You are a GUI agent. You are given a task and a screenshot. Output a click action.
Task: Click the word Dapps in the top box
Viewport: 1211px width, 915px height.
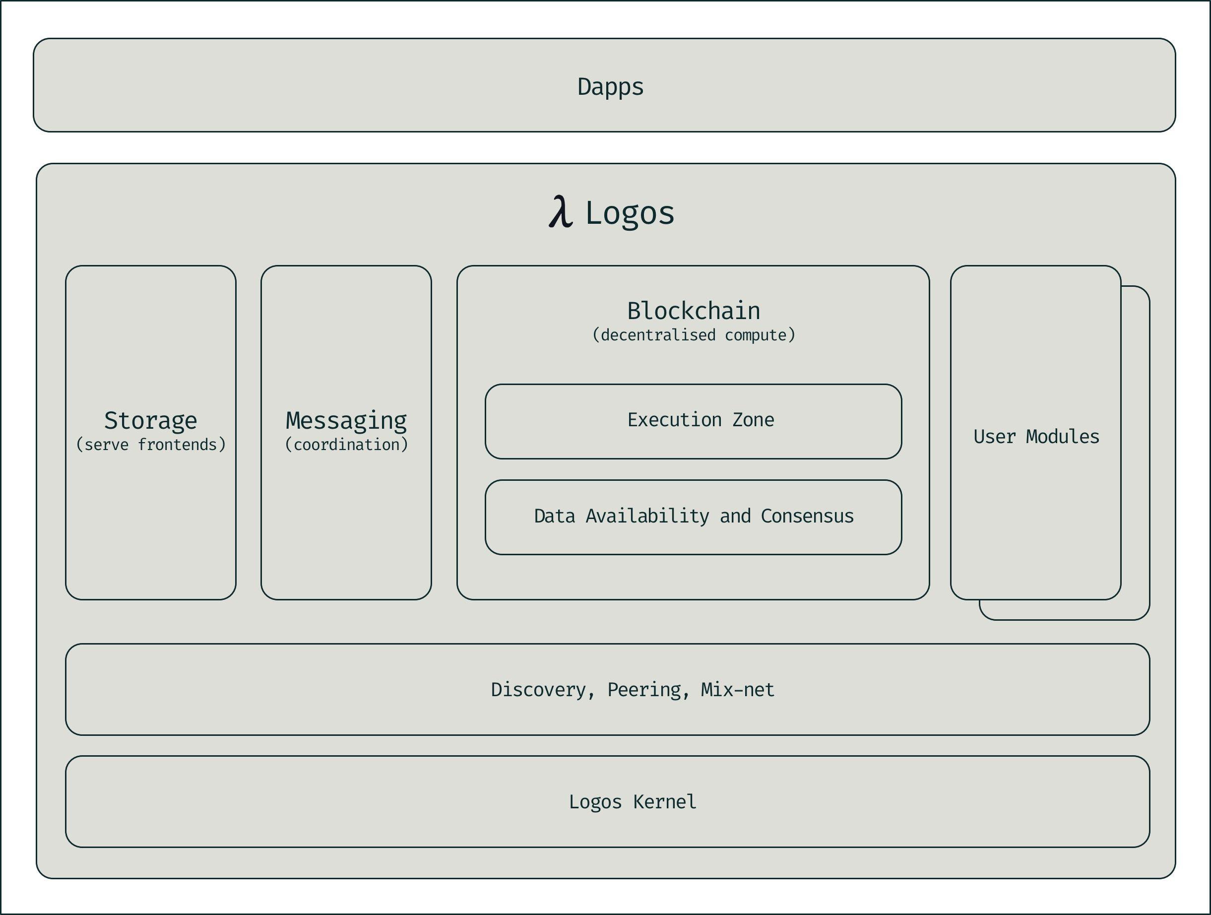tap(610, 86)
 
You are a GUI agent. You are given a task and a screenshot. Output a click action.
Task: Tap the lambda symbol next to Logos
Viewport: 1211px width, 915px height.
tap(561, 212)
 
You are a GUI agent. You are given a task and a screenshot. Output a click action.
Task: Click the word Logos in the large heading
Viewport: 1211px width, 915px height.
tap(630, 213)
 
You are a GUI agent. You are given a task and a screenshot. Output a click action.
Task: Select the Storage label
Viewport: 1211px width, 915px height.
tap(150, 421)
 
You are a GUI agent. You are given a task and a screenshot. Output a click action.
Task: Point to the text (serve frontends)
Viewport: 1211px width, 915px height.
tap(150, 444)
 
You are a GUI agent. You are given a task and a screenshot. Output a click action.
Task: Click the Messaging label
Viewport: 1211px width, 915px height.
tap(346, 421)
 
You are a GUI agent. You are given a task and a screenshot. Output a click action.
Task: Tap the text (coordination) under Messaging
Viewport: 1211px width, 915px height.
tap(346, 444)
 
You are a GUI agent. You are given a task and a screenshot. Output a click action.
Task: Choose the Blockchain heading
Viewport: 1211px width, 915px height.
tap(693, 311)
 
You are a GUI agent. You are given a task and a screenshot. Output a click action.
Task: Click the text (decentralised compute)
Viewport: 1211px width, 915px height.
tap(693, 334)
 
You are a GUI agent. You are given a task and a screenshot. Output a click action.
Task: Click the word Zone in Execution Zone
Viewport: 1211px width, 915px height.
tap(753, 419)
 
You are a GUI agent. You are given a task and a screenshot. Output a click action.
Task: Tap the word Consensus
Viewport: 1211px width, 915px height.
tap(807, 516)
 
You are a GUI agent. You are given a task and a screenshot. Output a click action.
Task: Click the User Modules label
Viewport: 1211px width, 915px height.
tap(1036, 437)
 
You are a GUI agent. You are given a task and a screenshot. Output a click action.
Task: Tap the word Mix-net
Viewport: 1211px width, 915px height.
tap(737, 689)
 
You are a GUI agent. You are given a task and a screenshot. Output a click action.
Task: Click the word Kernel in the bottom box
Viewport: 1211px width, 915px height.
tap(665, 802)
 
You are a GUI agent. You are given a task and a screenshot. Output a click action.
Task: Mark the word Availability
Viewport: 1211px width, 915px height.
tap(647, 516)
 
